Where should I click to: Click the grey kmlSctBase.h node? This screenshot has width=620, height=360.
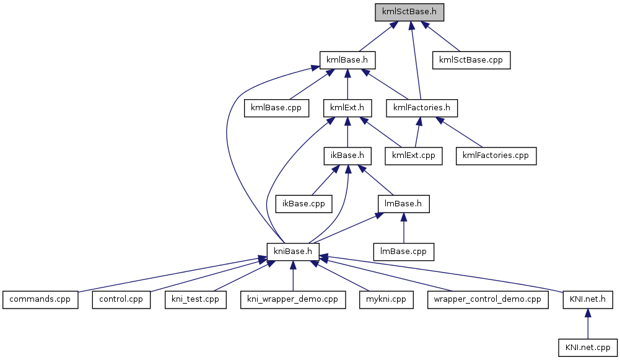coord(409,12)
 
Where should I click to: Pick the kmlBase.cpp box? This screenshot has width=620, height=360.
coord(276,107)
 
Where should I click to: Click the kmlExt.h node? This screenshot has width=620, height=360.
coord(347,107)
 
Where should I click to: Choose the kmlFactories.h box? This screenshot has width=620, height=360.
coord(421,107)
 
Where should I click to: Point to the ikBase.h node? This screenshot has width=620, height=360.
coord(347,155)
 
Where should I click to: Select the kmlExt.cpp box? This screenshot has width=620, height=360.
coord(413,155)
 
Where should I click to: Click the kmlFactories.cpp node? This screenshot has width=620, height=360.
coord(496,155)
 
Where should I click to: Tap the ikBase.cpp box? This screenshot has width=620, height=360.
coord(303,203)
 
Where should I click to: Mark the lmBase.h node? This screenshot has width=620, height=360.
coord(403,203)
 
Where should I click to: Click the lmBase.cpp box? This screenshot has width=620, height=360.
coord(403,250)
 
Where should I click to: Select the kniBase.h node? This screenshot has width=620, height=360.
coord(293,250)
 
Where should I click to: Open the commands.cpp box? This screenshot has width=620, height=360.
coord(40,299)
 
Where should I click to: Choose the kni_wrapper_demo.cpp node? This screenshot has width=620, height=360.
coord(292,299)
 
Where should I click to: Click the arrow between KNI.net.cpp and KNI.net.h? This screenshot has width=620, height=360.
coord(587,324)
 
